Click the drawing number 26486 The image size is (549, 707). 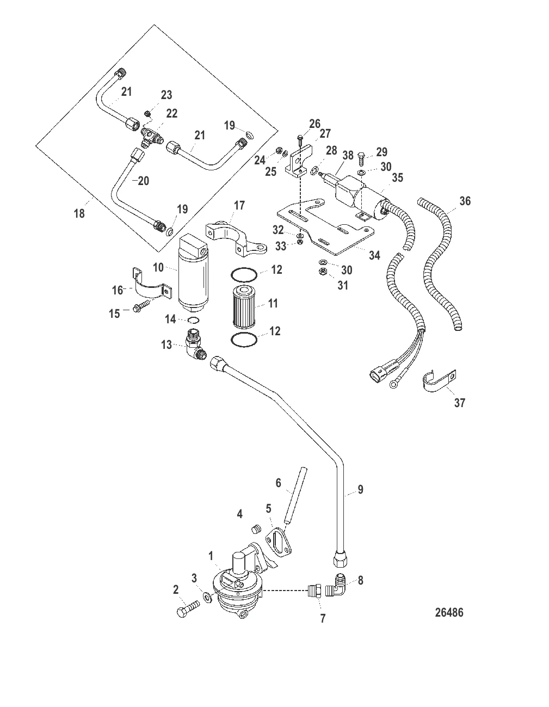(449, 612)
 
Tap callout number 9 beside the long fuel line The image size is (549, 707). (360, 490)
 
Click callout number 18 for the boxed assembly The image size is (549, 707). (79, 213)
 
